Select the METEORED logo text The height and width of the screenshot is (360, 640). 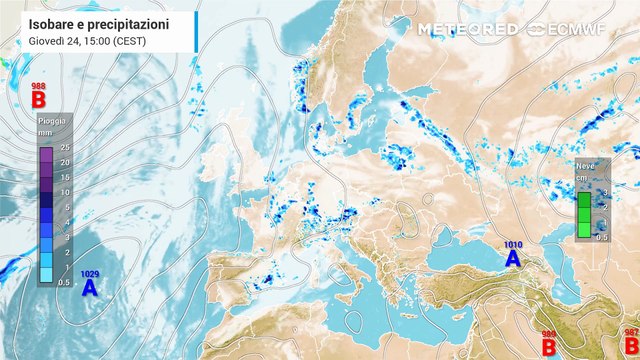[467, 29]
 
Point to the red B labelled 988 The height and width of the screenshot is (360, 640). [39, 100]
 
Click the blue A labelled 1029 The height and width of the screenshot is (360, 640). [89, 288]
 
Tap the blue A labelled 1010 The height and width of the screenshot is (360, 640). [512, 258]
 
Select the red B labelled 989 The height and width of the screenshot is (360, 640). [549, 346]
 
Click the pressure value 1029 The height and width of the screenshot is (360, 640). [89, 274]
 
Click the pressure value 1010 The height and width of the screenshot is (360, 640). [512, 244]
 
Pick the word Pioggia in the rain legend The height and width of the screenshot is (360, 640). [52, 121]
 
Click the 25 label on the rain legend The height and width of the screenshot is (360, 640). [64, 147]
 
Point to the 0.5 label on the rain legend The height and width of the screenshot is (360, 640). [62, 283]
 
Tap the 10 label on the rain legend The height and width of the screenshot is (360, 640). [64, 192]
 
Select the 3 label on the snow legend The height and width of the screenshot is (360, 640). [603, 191]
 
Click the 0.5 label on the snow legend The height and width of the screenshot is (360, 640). [602, 237]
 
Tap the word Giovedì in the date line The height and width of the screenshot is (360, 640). [47, 40]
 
